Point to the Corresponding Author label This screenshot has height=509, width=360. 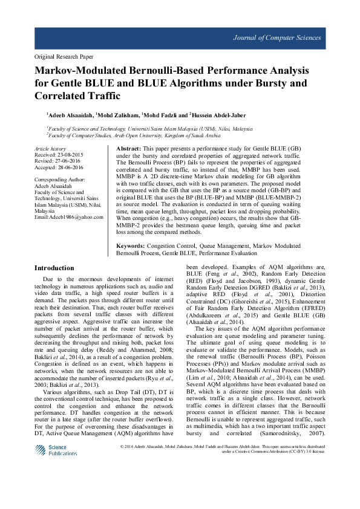coord(60,180)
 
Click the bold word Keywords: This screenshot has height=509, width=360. coord(131,247)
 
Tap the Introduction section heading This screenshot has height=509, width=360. coord(54,268)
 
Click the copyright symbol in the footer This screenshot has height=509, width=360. coord(123,446)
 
